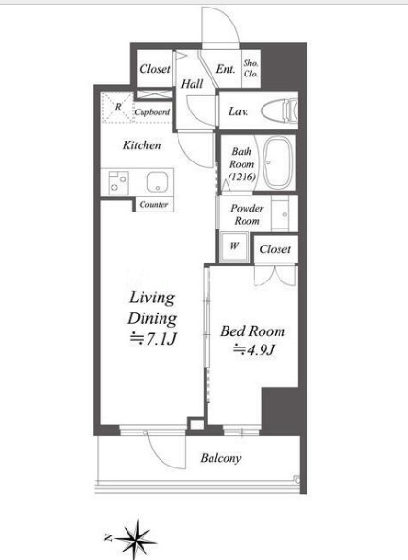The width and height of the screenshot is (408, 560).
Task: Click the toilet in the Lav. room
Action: pos(280,111)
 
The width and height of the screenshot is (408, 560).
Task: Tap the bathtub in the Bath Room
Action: pos(279,162)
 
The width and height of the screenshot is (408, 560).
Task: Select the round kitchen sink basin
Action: pos(157,181)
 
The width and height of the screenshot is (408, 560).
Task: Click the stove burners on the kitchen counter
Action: pos(119,182)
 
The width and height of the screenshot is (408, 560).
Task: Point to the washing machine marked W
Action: pos(234,246)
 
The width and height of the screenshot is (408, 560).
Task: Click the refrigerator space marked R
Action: pos(117,107)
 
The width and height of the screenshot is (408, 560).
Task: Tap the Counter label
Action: pos(154,205)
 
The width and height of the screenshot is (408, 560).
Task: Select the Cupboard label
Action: pos(152,112)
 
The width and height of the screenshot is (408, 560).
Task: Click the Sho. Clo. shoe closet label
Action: pos(251,69)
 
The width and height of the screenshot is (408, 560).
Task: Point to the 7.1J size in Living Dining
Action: pos(153,339)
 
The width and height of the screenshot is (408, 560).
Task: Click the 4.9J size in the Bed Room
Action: pos(254,350)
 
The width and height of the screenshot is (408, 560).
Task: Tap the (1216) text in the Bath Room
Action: pos(242,177)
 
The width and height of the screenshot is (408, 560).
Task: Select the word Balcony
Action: pos(221,458)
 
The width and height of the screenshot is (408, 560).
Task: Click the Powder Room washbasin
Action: pos(284,214)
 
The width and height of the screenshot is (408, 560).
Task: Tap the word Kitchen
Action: pos(142,145)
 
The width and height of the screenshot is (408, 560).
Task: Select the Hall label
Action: pos(193,84)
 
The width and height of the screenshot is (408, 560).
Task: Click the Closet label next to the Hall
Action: pos(155,69)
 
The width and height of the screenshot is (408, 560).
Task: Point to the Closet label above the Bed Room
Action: pos(275,249)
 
